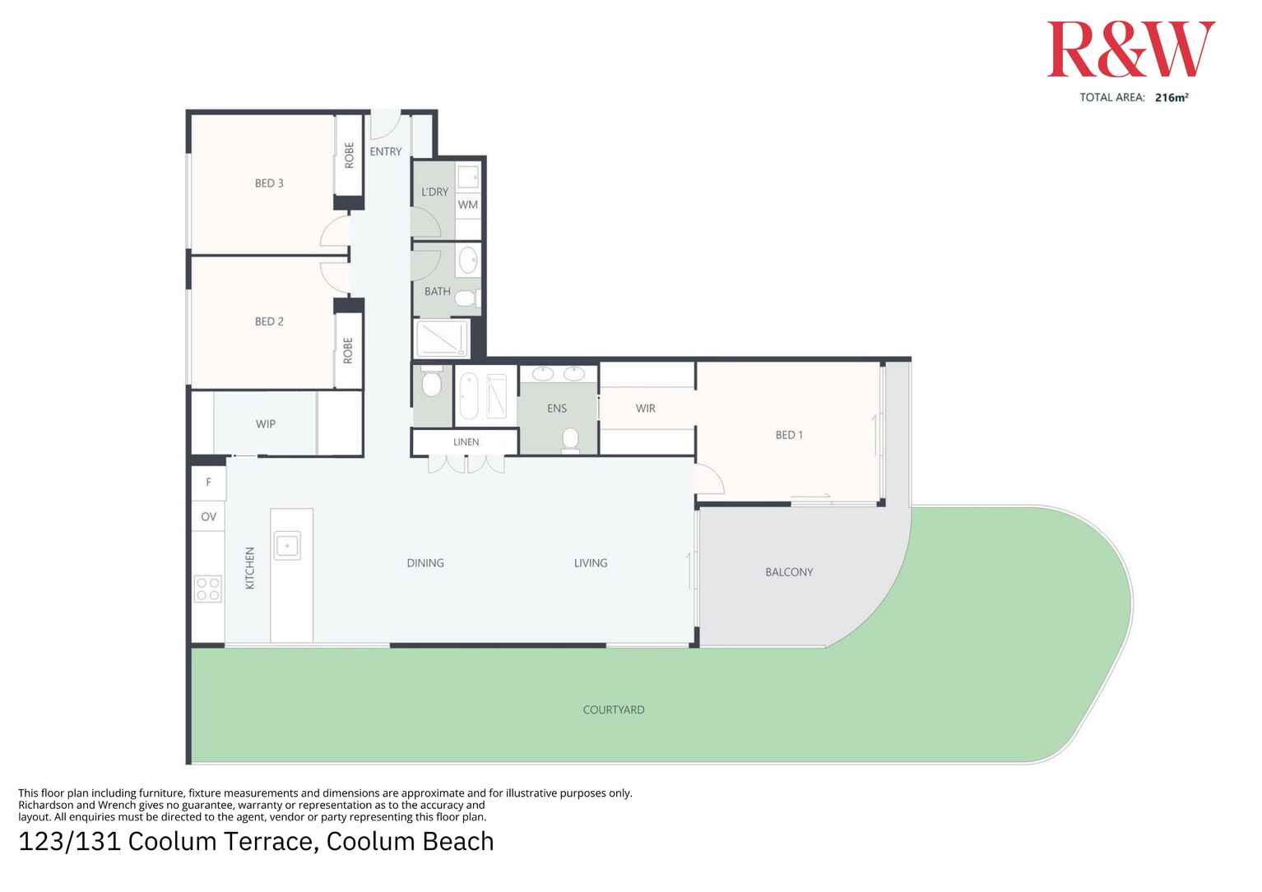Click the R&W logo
pyautogui.click(x=1130, y=50)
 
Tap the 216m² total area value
pyautogui.click(x=1171, y=97)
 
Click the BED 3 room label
pyautogui.click(x=269, y=183)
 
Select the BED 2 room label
pyautogui.click(x=269, y=321)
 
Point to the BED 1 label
pyautogui.click(x=789, y=435)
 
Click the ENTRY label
pyautogui.click(x=386, y=151)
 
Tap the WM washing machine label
pyautogui.click(x=468, y=205)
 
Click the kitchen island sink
pyautogui.click(x=287, y=545)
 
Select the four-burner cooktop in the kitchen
pyautogui.click(x=208, y=589)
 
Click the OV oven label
pyautogui.click(x=209, y=517)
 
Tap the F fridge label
pyautogui.click(x=209, y=483)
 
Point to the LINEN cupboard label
pyautogui.click(x=466, y=442)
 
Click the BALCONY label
pyautogui.click(x=789, y=572)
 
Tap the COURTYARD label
pyautogui.click(x=614, y=709)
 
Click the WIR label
pyautogui.click(x=646, y=409)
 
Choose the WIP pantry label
pyautogui.click(x=265, y=424)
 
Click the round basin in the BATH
pyautogui.click(x=468, y=260)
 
